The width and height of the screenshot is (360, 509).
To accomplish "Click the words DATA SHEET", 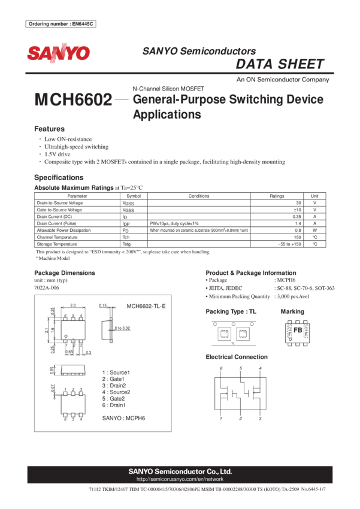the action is click(x=280, y=65).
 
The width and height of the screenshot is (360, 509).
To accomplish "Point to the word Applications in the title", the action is click(x=167, y=114).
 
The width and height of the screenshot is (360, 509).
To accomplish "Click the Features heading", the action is click(x=49, y=129).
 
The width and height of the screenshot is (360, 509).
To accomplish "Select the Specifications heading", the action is click(x=59, y=177).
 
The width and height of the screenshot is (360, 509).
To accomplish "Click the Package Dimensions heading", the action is click(x=64, y=272).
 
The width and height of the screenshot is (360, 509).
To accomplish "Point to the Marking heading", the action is click(x=292, y=311).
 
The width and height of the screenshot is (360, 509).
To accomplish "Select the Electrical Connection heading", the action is click(x=236, y=357).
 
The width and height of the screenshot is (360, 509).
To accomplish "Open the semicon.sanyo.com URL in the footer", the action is click(x=180, y=480).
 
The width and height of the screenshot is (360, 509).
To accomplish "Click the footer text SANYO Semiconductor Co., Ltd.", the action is click(x=180, y=472).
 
